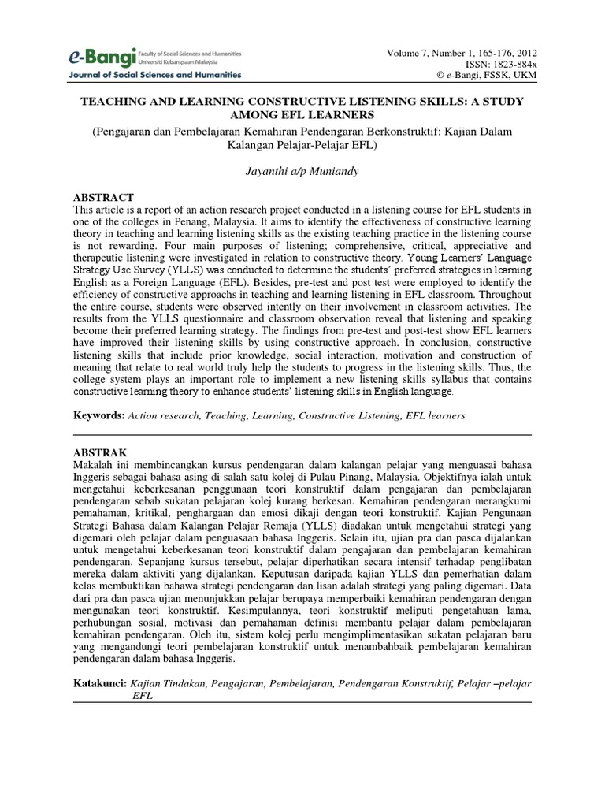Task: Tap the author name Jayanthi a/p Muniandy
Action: (302, 170)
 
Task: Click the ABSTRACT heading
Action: (103, 197)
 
